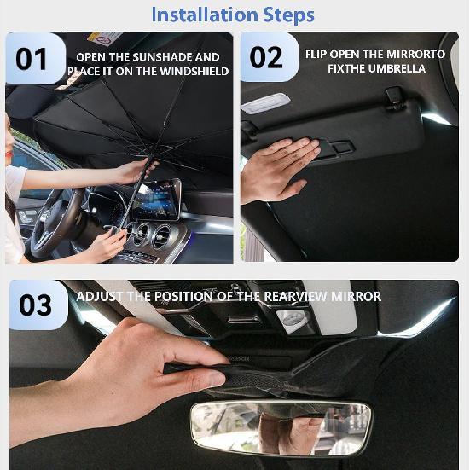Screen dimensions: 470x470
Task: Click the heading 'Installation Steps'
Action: (x=233, y=15)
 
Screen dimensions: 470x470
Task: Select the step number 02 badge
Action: (x=266, y=57)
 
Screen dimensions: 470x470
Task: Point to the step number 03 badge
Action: (x=36, y=305)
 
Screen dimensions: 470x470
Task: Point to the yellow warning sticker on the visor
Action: (x=105, y=39)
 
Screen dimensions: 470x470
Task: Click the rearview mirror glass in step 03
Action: (x=281, y=427)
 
